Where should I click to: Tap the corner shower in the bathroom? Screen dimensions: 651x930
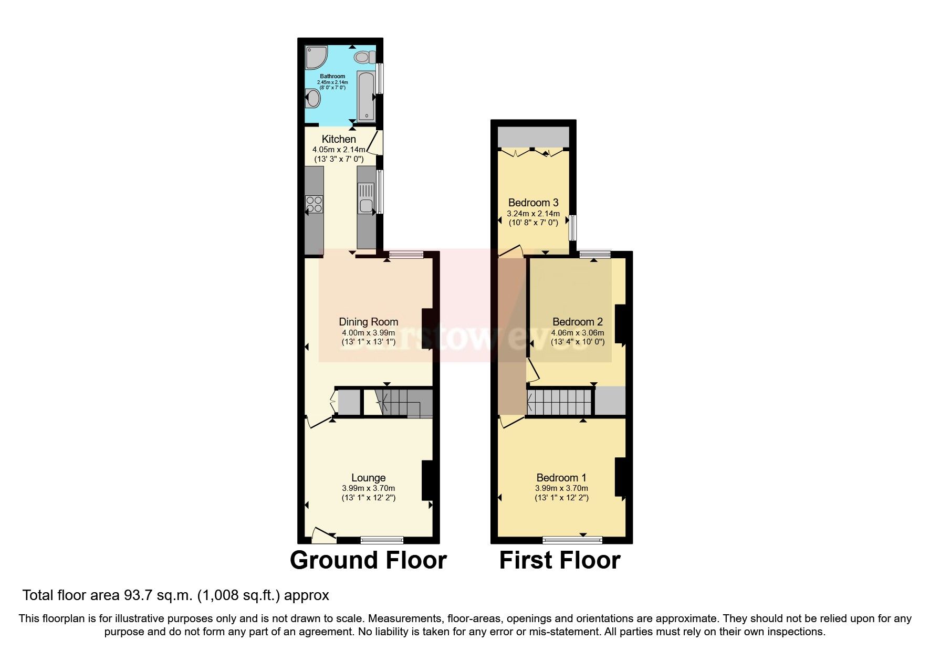pos(316,57)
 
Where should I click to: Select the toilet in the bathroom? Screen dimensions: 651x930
pos(363,56)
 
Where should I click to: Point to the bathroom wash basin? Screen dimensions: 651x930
pos(313,98)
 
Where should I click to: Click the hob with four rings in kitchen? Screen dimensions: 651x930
pos(315,204)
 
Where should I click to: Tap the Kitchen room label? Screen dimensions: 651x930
pos(339,139)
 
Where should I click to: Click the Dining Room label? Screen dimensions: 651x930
pos(368,322)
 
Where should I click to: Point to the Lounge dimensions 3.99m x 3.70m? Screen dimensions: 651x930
pos(368,488)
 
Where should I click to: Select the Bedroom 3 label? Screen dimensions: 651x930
pos(533,203)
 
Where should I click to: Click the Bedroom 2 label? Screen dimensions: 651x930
pos(577,322)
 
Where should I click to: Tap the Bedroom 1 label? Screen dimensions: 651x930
pos(561,478)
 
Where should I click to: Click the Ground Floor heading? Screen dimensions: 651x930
pos(368,560)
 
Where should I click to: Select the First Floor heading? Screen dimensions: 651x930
pos(559,560)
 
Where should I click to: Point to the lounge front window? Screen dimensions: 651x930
pos(382,539)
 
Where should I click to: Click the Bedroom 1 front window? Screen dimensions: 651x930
pos(572,539)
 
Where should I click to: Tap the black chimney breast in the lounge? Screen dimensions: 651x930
pos(427,480)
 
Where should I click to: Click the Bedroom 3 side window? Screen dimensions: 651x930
pos(573,228)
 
